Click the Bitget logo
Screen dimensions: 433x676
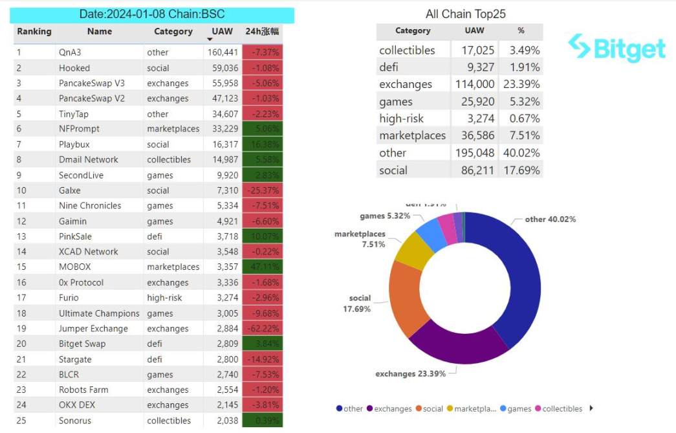point(616,49)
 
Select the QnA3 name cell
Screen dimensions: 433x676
point(70,52)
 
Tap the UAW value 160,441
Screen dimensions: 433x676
point(223,52)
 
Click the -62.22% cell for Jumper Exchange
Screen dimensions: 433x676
point(263,329)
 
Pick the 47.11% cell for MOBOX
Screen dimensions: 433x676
point(263,267)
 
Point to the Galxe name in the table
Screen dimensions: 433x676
point(71,191)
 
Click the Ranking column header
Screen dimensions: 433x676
point(34,32)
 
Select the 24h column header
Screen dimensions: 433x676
point(263,32)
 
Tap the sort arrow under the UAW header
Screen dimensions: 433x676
point(210,40)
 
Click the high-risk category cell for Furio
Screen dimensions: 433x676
point(164,298)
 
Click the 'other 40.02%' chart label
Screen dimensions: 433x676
point(550,219)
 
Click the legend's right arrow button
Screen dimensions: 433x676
point(591,408)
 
